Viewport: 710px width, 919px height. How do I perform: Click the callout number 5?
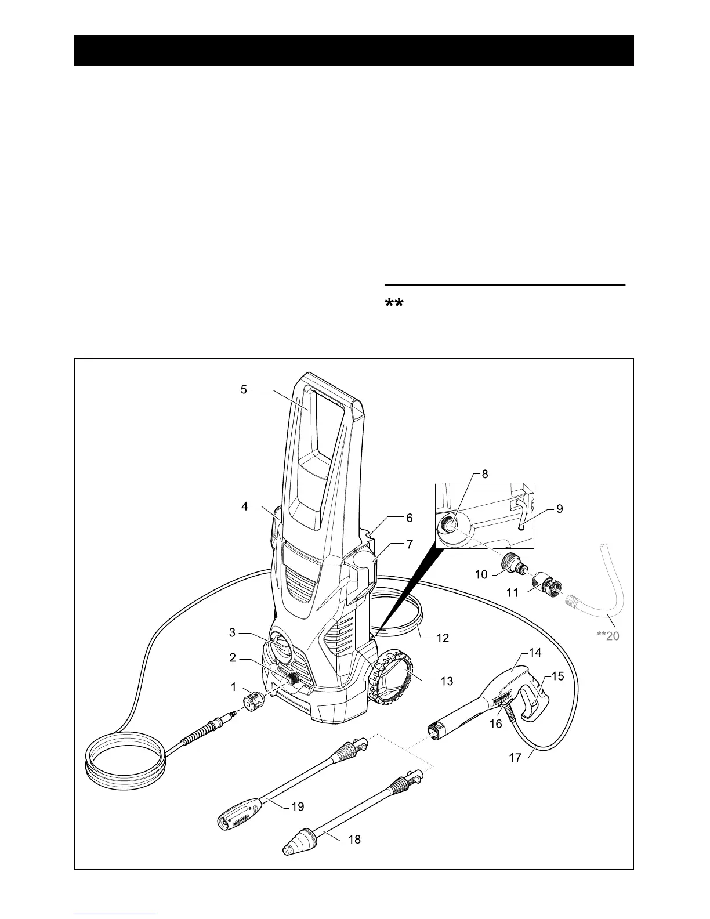(x=244, y=390)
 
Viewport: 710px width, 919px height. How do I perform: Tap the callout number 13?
(x=447, y=681)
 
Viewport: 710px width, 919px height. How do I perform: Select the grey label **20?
(x=608, y=636)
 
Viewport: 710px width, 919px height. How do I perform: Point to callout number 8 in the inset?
(x=485, y=474)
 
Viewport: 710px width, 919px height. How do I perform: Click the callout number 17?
(x=515, y=758)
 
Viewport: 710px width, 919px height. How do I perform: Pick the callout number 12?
(x=443, y=638)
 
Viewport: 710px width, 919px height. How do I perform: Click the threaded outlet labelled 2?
(x=294, y=678)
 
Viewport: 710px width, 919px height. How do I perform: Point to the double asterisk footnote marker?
(x=394, y=305)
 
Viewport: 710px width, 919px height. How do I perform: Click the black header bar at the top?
(x=354, y=50)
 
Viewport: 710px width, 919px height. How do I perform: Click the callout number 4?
(x=245, y=506)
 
